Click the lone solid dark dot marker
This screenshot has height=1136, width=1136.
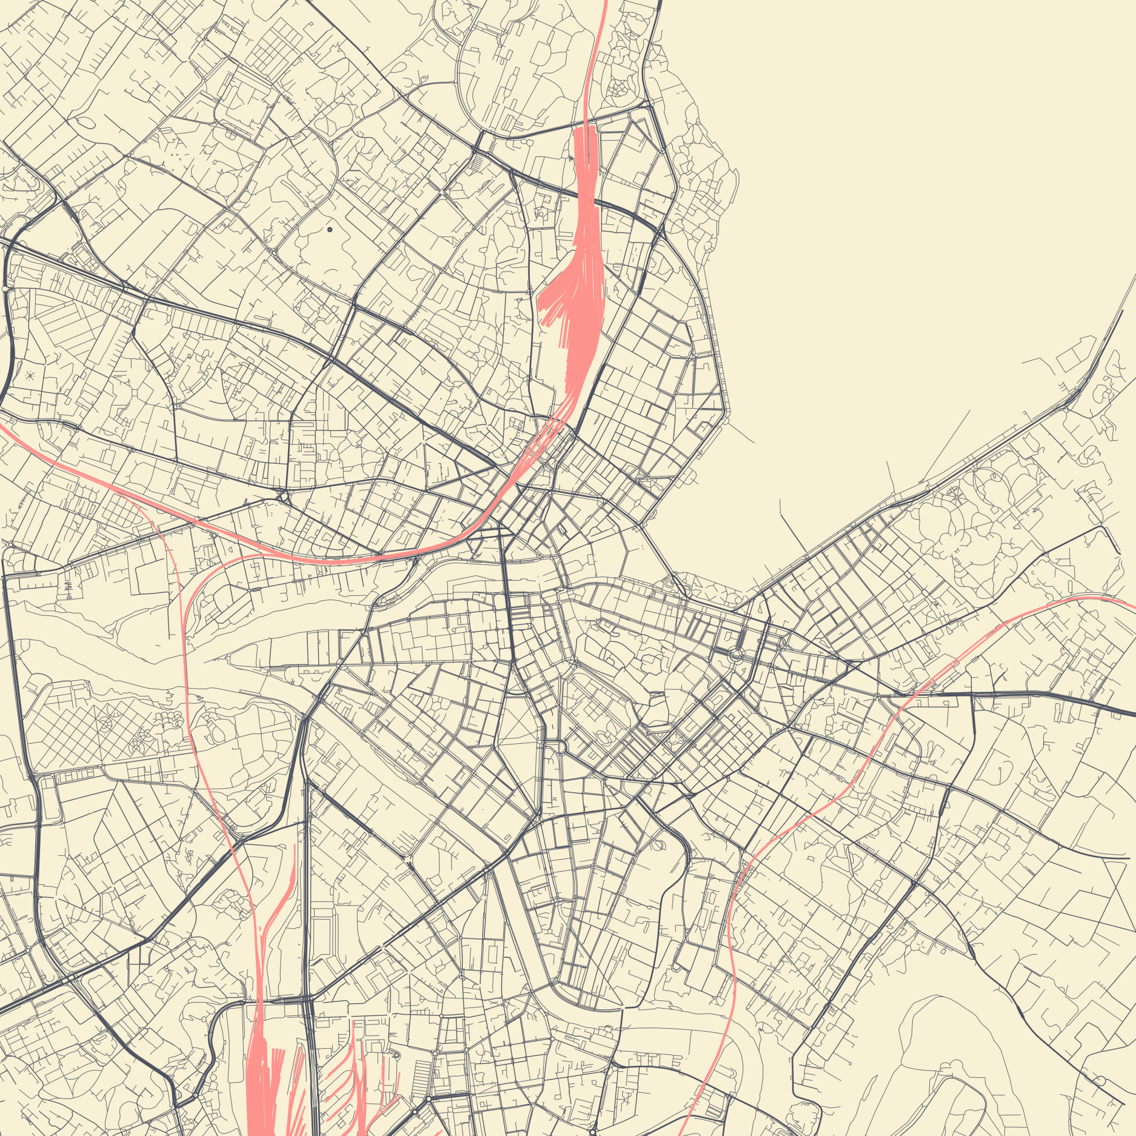coord(330,230)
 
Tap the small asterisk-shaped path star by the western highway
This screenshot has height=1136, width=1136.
coord(30,376)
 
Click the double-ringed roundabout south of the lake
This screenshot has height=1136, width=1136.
coord(735,654)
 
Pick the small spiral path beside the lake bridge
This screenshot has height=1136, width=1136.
coord(670,583)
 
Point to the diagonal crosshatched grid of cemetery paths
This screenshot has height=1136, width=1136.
coord(91,727)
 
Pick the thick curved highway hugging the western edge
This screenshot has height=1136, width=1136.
coord(8,339)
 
